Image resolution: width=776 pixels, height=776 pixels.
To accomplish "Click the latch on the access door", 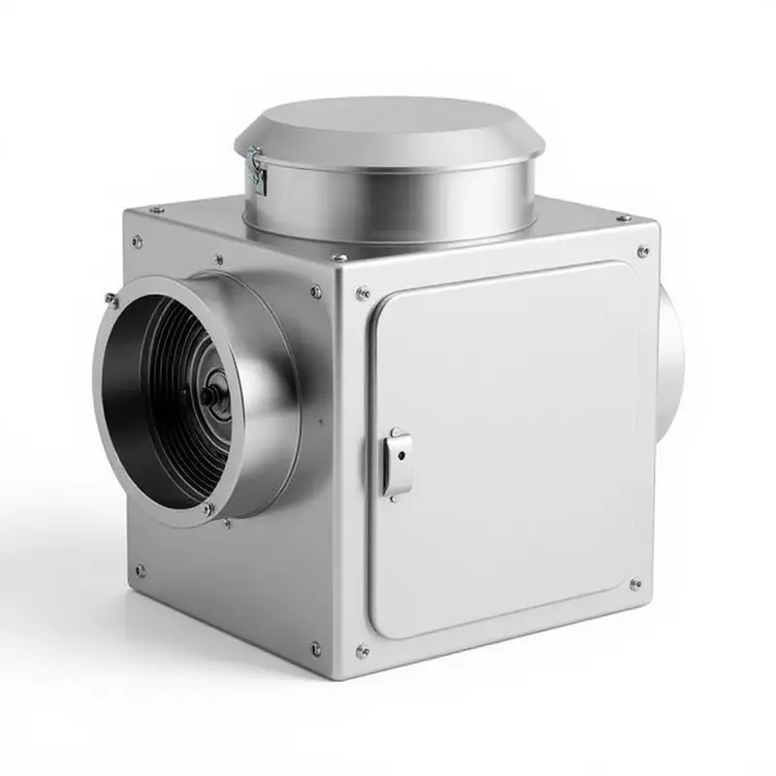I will coord(397,463).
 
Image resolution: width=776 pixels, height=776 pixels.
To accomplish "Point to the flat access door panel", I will coord(504,446).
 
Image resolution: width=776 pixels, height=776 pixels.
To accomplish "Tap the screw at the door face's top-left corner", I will coord(363,292).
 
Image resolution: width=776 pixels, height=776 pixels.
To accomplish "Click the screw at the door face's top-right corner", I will coord(642,251).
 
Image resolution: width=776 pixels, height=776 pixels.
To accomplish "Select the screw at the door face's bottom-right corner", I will coord(634,585).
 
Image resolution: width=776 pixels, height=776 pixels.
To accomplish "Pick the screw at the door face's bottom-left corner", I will coord(363,651).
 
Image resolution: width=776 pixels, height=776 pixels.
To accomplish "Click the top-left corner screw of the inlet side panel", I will coord(137,241).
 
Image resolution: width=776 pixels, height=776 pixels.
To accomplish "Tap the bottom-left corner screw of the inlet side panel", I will coord(140,570).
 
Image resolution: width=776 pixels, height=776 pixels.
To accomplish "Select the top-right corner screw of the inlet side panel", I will coord(316,290).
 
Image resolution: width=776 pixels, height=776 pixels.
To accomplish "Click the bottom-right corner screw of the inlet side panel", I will coord(316,648).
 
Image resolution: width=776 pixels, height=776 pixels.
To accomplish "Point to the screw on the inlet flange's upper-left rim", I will coord(113,300).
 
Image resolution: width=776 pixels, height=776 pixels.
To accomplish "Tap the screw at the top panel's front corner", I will coord(339,258).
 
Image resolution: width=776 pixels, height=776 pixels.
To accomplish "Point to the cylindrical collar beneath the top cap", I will coord(388,204).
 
